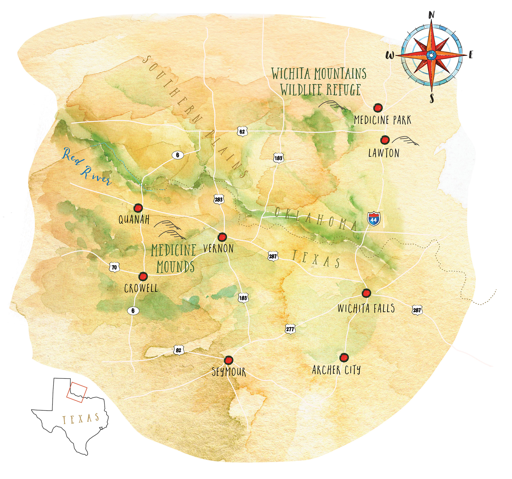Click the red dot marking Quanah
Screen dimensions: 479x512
[x=138, y=208]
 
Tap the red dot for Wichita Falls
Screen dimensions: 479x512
[x=366, y=293]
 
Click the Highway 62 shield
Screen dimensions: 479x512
[x=242, y=132]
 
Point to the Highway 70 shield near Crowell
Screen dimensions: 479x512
[x=114, y=267]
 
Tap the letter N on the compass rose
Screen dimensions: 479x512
[x=432, y=15]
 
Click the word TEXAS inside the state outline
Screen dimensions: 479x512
[x=81, y=419]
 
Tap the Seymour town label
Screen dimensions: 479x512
[x=229, y=372]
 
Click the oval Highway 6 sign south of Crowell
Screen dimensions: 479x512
[x=133, y=311]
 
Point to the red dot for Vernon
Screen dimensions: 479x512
[x=223, y=236]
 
